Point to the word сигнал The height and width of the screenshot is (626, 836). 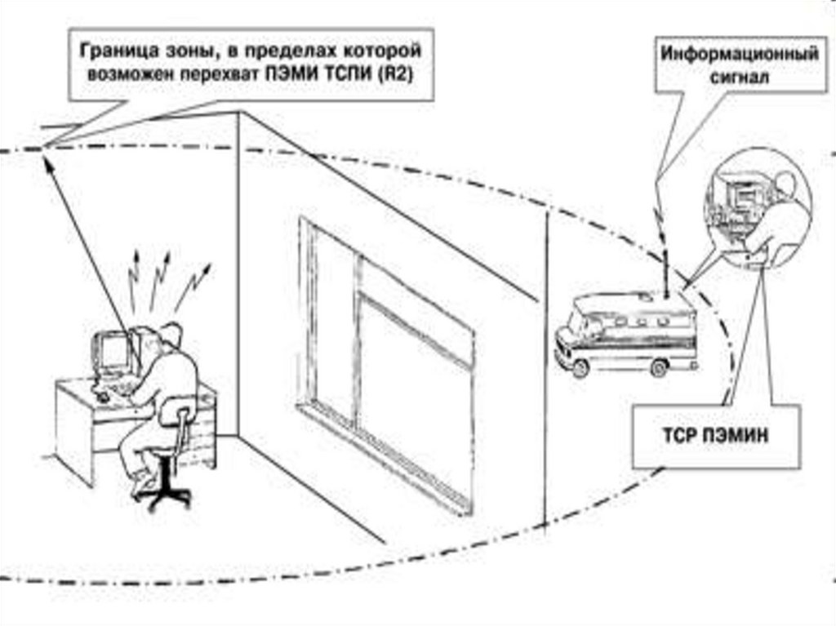click(x=738, y=79)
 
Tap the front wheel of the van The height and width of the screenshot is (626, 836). click(x=581, y=367)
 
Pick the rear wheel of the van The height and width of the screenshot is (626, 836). click(x=660, y=366)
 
